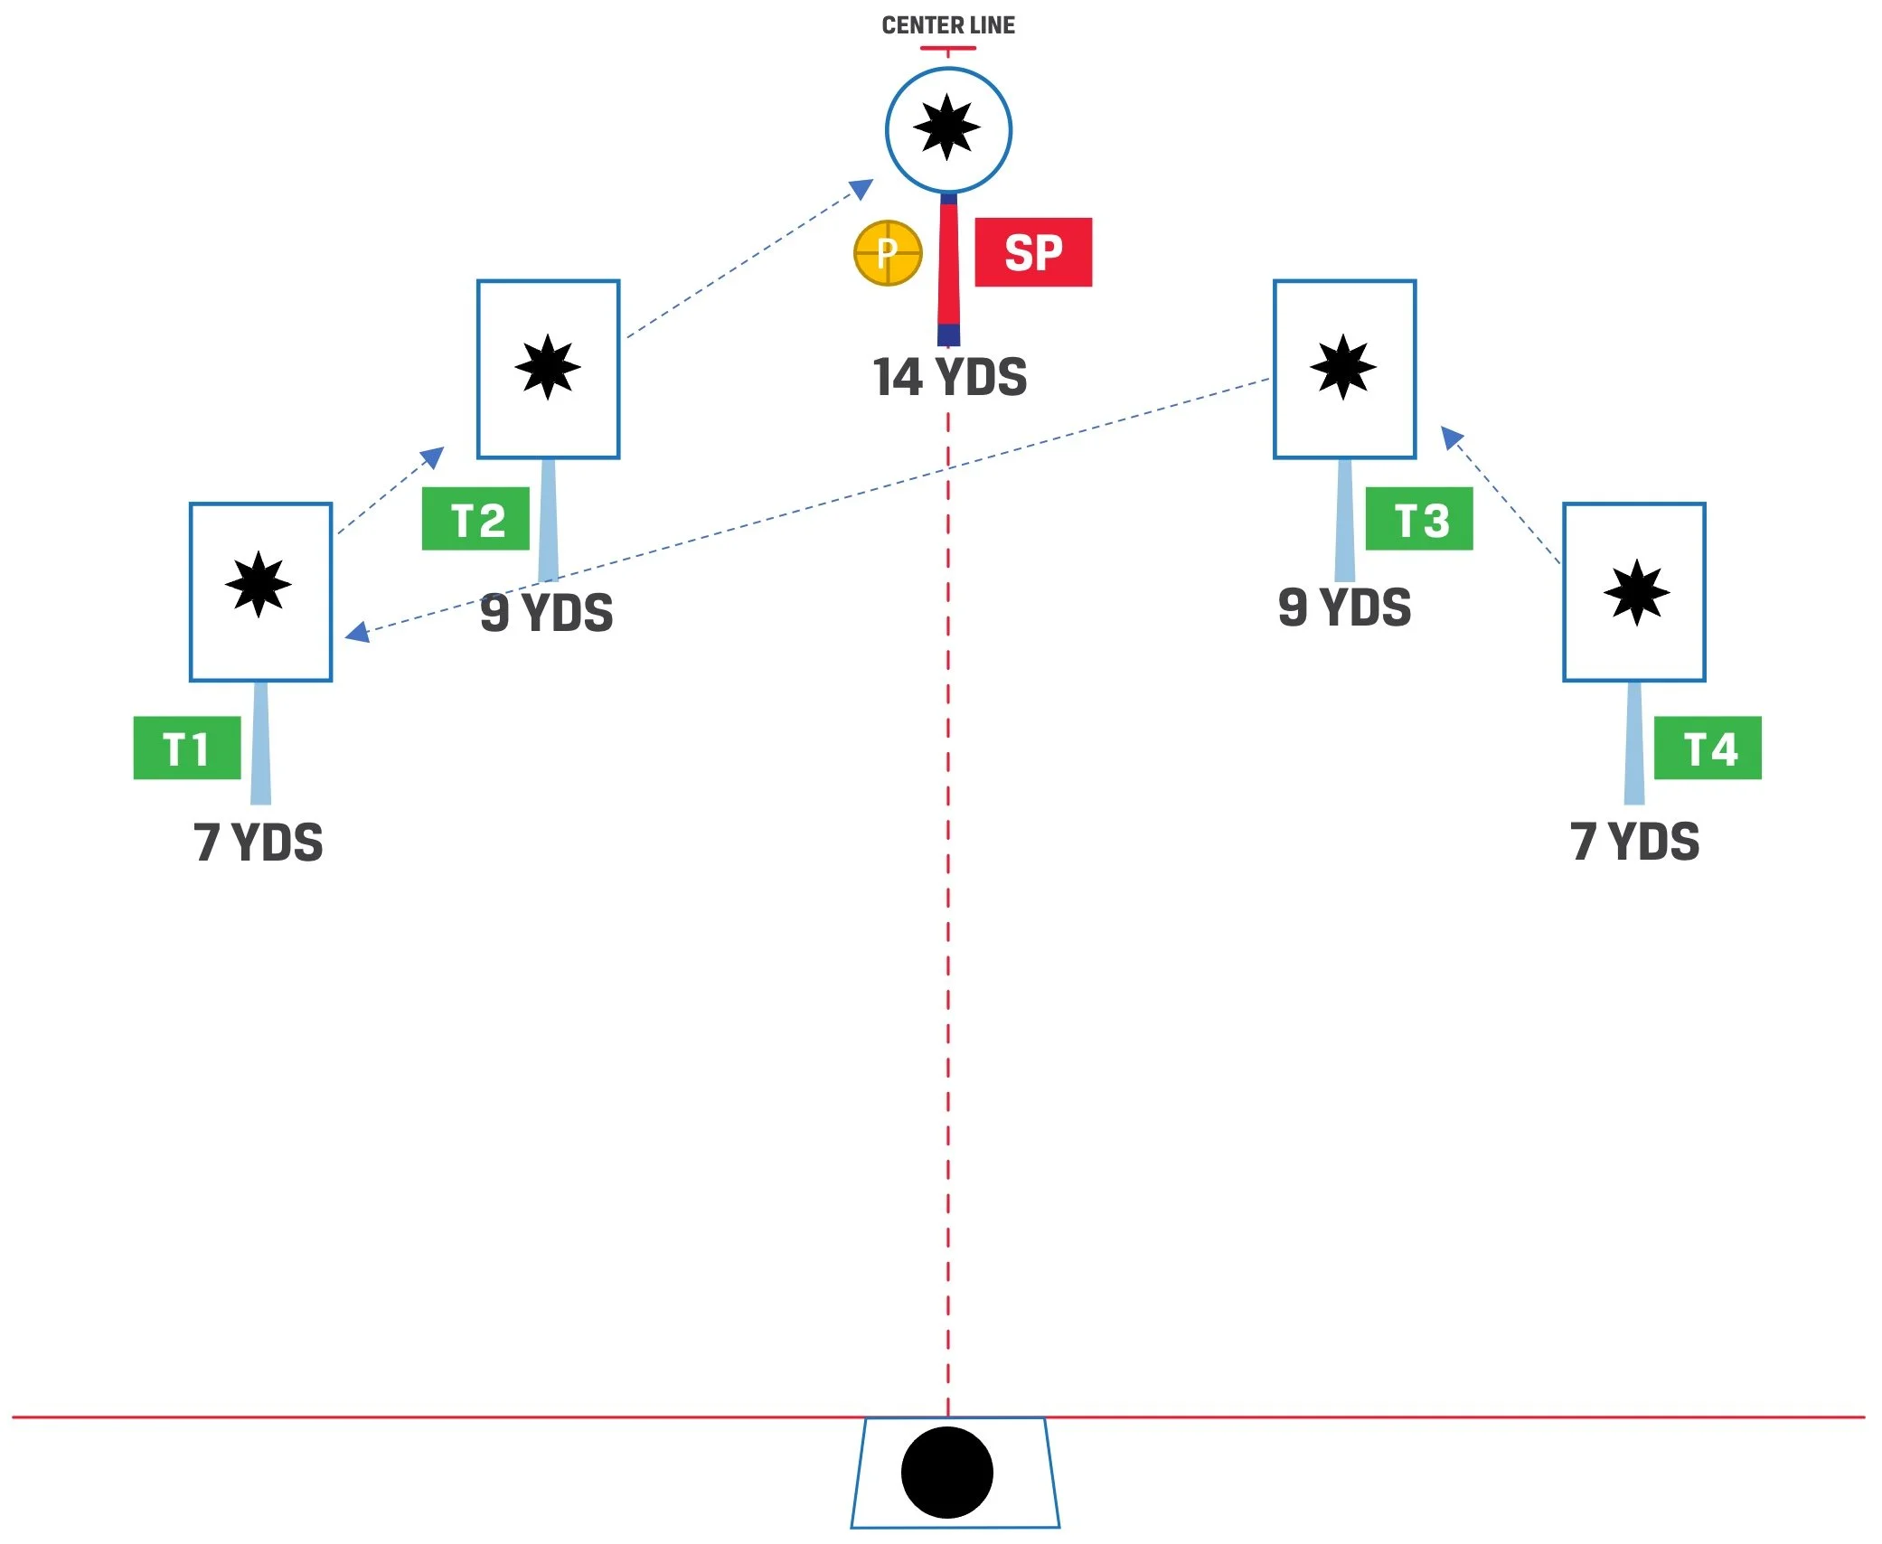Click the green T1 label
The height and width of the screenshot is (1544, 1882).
pyautogui.click(x=187, y=748)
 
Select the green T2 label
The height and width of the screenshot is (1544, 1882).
pyautogui.click(x=475, y=519)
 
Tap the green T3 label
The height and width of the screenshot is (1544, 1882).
pyautogui.click(x=1418, y=519)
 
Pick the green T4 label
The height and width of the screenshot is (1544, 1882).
pyautogui.click(x=1708, y=748)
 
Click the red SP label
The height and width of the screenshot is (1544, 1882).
pyautogui.click(x=1033, y=252)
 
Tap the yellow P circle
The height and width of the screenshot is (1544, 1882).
pyautogui.click(x=888, y=253)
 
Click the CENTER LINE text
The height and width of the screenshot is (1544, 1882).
pyautogui.click(x=948, y=25)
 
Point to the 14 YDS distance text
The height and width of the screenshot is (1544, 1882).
pyautogui.click(x=950, y=377)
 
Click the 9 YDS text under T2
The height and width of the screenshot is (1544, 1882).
pyautogui.click(x=547, y=613)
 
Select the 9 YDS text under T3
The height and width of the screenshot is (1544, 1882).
pyautogui.click(x=1345, y=607)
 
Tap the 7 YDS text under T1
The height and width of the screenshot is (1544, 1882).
pyautogui.click(x=259, y=843)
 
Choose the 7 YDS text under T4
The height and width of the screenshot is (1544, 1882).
pyautogui.click(x=1635, y=843)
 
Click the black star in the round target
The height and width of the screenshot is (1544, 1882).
pyautogui.click(x=946, y=127)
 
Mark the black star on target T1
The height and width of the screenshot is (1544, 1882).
pyautogui.click(x=259, y=584)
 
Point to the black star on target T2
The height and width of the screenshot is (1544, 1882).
pyautogui.click(x=548, y=367)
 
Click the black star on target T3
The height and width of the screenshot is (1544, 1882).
pyautogui.click(x=1343, y=367)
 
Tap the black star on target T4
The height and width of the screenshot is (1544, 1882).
pyautogui.click(x=1636, y=593)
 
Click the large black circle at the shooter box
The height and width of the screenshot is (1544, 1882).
pyautogui.click(x=947, y=1472)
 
